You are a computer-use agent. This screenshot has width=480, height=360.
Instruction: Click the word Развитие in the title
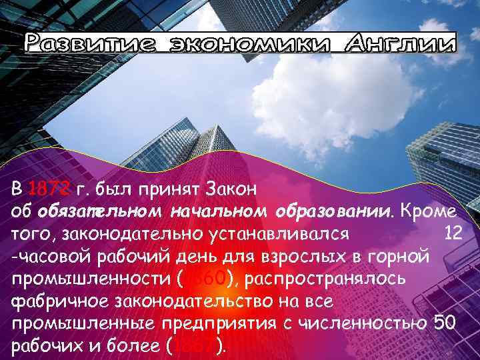[x=86, y=44]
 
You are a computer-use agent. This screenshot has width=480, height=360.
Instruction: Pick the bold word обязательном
[x=99, y=211]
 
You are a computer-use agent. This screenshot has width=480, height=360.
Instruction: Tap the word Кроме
[x=429, y=211]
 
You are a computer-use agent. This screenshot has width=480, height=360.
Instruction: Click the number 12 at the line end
[x=453, y=233]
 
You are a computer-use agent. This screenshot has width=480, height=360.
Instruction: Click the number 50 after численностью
[x=445, y=324]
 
